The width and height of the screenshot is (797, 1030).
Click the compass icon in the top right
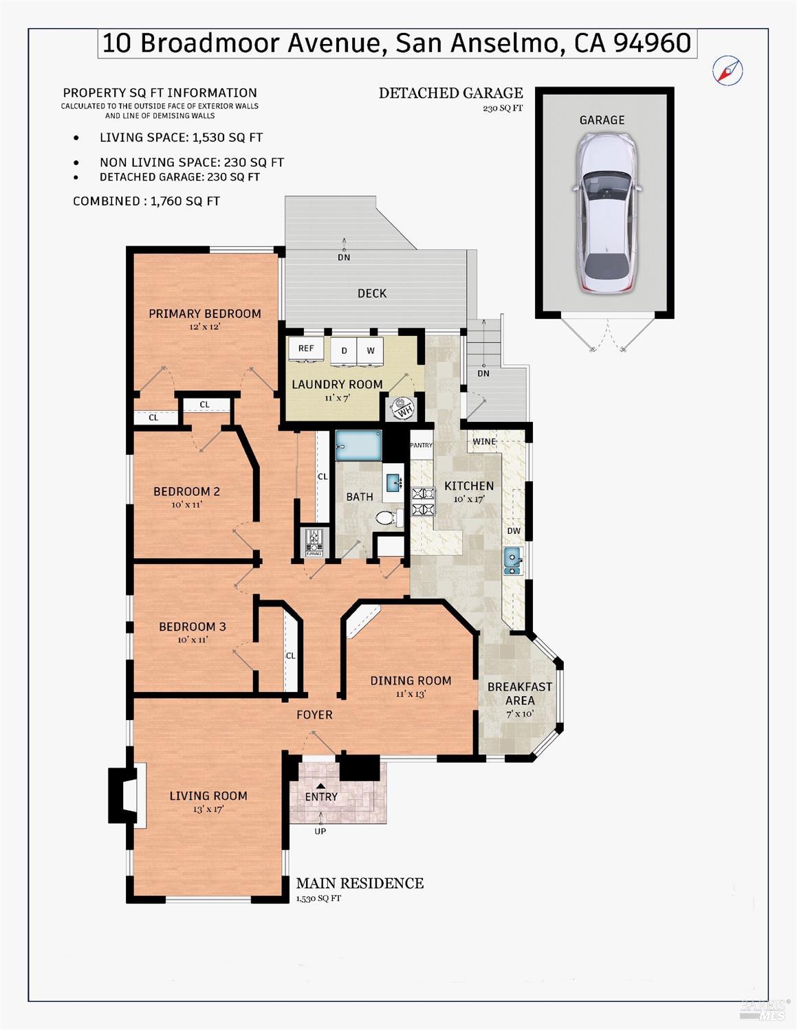728,70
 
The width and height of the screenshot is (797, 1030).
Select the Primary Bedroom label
205,313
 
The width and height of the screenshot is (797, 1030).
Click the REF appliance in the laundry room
306,348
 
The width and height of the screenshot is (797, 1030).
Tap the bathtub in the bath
358,445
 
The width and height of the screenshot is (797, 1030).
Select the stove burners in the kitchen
424,501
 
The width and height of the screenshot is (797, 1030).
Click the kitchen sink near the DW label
512,561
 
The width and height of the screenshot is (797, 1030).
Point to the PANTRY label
421,445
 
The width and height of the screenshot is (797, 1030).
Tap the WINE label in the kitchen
484,441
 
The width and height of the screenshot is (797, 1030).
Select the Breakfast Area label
520,693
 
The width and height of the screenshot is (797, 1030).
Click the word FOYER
314,715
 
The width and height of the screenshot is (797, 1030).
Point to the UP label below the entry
320,831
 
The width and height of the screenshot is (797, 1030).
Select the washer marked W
371,350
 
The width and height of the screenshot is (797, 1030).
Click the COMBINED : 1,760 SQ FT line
146,201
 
